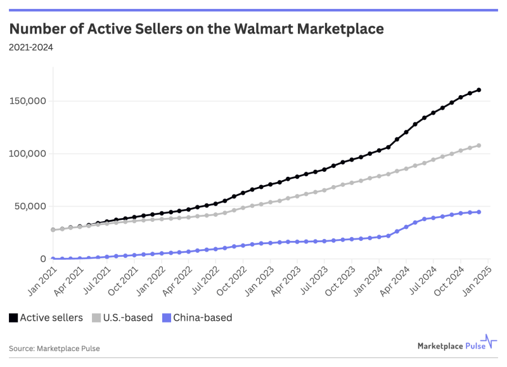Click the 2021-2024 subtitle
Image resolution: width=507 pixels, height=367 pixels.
pos(31,47)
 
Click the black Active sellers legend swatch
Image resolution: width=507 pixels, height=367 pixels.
pos(13,318)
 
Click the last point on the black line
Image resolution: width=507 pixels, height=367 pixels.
pos(478,90)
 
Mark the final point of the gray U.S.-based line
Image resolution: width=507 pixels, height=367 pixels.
pos(478,146)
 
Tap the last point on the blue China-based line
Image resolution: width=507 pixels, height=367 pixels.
pos(478,212)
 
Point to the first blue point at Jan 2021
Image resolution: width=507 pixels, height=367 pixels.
pos(53,259)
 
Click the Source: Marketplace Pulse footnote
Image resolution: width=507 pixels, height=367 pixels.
pos(55,348)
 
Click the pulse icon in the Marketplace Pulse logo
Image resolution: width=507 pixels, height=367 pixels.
pos(489,343)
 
